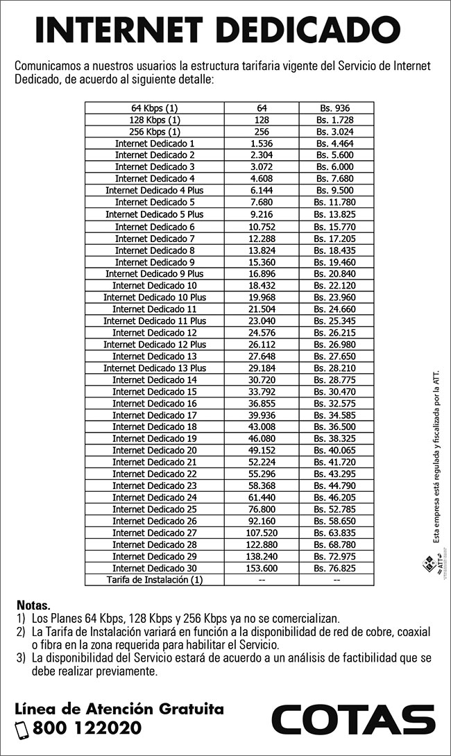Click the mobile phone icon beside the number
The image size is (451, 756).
tap(22, 729)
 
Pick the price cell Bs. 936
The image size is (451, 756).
tap(336, 108)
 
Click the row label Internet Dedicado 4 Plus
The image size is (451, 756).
tap(154, 190)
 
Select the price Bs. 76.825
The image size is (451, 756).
tap(336, 568)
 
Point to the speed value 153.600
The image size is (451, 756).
tap(261, 568)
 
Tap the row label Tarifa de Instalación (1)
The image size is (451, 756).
tap(154, 579)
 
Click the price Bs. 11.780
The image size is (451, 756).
tap(336, 202)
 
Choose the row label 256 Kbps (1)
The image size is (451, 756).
tap(154, 132)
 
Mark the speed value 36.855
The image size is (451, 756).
tap(261, 403)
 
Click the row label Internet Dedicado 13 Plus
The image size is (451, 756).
tap(154, 368)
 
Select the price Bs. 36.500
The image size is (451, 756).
tap(336, 427)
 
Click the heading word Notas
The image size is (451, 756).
tap(33, 605)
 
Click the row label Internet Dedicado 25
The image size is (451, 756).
tap(154, 509)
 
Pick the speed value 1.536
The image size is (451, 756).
tap(261, 143)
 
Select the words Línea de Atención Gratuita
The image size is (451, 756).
tap(119, 709)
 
